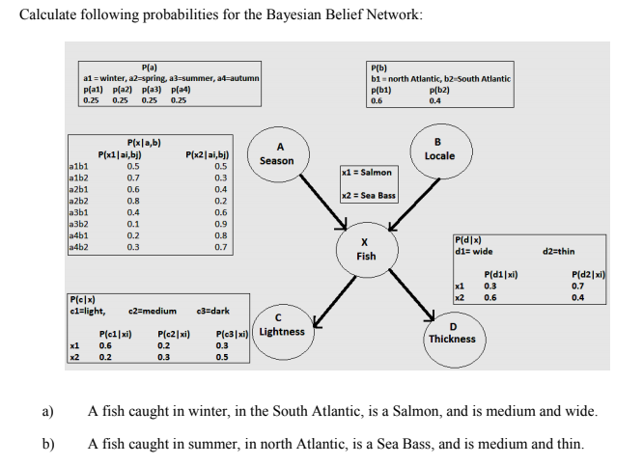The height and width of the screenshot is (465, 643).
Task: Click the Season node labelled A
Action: point(277,154)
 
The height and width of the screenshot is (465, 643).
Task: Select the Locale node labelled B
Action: point(439,149)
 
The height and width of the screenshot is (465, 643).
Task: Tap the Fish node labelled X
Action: point(366,249)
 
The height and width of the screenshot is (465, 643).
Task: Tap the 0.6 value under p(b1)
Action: point(377,98)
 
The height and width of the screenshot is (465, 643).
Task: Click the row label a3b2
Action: point(80,223)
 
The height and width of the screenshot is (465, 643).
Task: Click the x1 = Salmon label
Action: point(367,172)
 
